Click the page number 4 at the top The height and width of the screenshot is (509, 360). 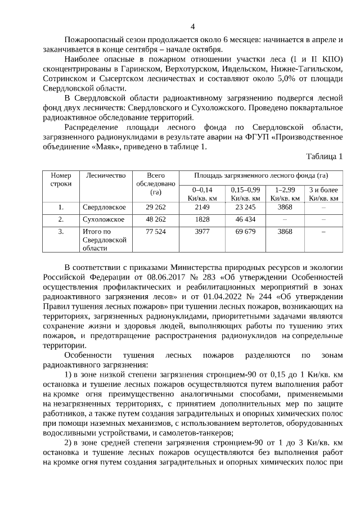click(x=193, y=26)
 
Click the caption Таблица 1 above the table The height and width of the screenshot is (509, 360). click(x=324, y=156)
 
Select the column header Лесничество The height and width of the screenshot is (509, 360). click(x=105, y=175)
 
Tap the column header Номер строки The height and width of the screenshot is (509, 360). click(x=61, y=179)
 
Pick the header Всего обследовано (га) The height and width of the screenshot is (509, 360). click(x=156, y=184)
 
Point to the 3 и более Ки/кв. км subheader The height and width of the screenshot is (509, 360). click(x=323, y=194)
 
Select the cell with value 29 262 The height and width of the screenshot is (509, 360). click(x=156, y=208)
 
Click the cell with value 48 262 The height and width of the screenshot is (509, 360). click(x=156, y=219)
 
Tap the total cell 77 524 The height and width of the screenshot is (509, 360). click(x=156, y=231)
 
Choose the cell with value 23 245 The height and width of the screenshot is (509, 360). click(x=245, y=208)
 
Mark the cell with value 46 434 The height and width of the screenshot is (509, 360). click(x=245, y=219)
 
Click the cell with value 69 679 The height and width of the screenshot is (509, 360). click(x=245, y=231)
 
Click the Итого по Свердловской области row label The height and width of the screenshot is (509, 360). click(x=104, y=240)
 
